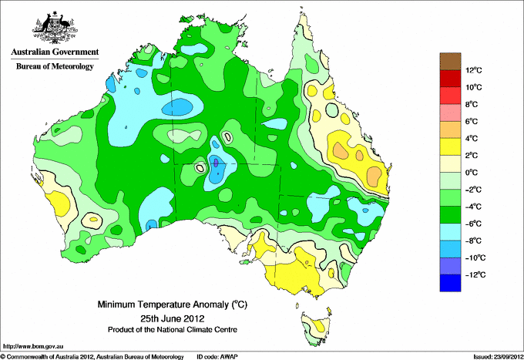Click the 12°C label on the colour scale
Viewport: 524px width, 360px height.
474,70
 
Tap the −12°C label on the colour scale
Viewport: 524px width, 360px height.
475,274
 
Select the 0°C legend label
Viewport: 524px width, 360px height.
472,173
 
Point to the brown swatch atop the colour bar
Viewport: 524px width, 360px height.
450,61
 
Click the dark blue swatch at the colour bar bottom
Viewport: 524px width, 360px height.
450,283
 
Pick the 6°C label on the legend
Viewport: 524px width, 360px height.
472,121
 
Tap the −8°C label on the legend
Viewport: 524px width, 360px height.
474,241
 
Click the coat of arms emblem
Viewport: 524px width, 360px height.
55,28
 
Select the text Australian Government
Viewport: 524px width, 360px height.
55,52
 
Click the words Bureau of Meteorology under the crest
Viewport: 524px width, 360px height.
55,66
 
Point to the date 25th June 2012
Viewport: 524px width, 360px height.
173,318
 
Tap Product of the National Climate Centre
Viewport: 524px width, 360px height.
173,330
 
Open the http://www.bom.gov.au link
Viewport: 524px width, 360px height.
33,347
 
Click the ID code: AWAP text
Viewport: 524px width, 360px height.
217,357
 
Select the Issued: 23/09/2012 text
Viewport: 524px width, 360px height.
498,357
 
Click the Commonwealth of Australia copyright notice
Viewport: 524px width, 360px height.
92,357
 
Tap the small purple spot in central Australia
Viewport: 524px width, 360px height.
216,163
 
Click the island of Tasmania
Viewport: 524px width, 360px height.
316,328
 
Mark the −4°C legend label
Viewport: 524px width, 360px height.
474,207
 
